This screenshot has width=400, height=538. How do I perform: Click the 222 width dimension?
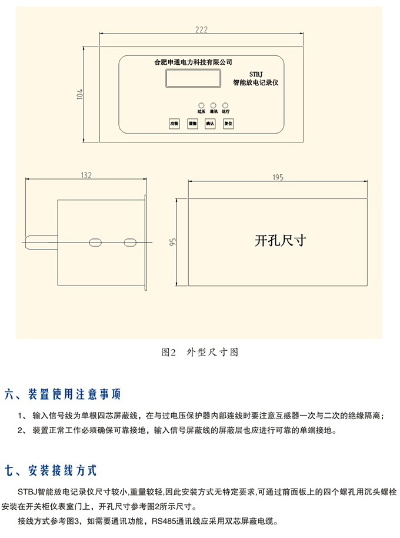201,29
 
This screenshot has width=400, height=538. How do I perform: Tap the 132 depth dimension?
86,175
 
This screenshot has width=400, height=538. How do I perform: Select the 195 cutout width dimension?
278,177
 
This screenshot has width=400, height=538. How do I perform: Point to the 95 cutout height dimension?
173,242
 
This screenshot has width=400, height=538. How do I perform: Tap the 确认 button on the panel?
209,124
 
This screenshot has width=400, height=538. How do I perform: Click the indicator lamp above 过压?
201,103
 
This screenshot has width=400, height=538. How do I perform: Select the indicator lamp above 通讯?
213,103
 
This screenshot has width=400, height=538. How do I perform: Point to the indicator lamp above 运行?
225,103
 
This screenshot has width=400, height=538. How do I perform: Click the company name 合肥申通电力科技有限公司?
192,61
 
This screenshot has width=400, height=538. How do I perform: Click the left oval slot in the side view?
94,241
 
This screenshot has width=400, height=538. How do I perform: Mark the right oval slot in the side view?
129,241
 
